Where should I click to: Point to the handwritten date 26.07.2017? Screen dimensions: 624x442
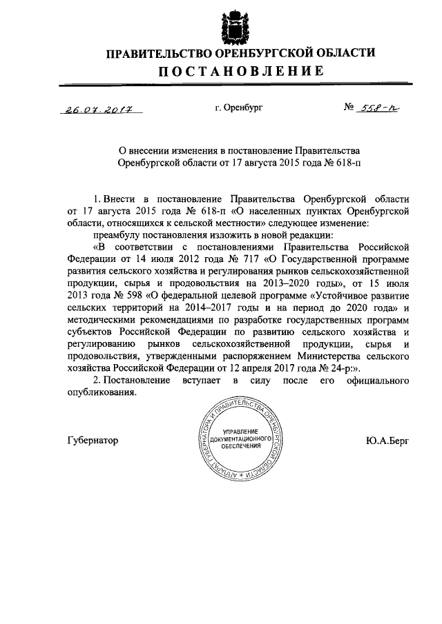(99, 108)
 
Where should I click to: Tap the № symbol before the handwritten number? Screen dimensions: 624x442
(349, 108)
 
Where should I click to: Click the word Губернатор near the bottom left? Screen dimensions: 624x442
(93, 439)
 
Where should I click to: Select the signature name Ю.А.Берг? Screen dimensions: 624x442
(388, 439)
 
